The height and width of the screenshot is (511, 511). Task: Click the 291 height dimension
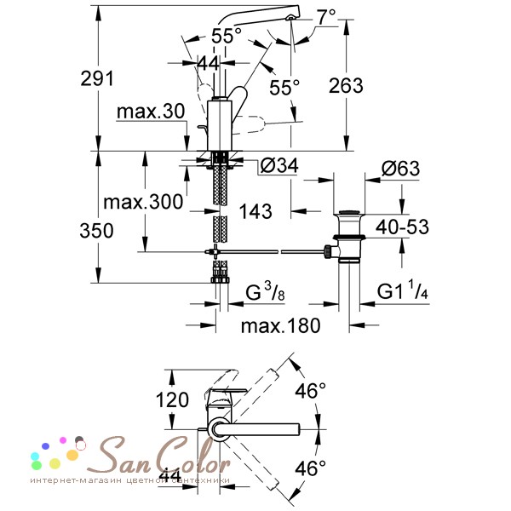[x=97, y=78]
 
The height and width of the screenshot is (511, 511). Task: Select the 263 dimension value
[x=346, y=86]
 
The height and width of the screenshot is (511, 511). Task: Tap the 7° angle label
[x=326, y=17]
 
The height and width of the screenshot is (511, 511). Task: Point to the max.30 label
[x=151, y=112]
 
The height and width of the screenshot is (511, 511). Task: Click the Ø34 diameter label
[x=279, y=165]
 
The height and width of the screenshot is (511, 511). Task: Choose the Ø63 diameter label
[x=400, y=169]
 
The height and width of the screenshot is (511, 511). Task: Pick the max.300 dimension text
[x=143, y=202]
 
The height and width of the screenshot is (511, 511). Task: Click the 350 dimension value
[x=96, y=231]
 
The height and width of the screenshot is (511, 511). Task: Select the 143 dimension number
[x=255, y=211]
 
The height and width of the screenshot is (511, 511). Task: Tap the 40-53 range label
[x=402, y=227]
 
